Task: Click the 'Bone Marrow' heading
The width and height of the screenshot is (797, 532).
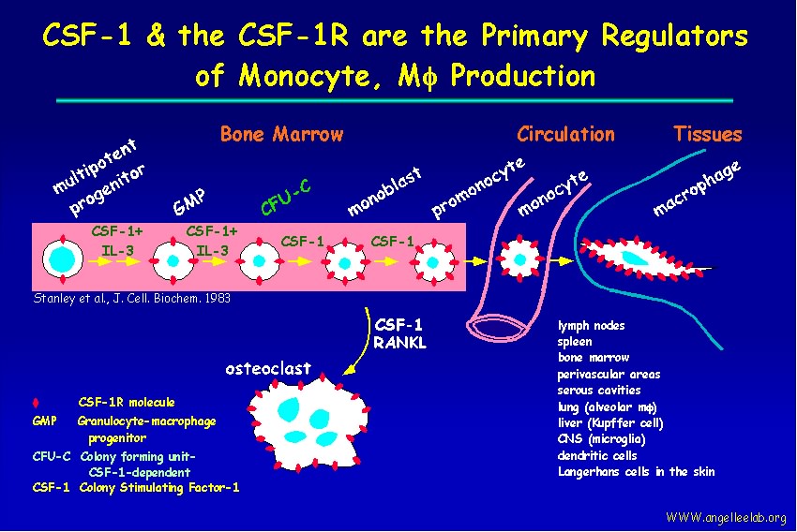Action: tap(281, 135)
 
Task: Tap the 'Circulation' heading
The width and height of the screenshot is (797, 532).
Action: tap(565, 135)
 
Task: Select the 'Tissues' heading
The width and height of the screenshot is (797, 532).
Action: tap(707, 135)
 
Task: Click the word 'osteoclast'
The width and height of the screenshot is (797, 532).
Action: tap(268, 368)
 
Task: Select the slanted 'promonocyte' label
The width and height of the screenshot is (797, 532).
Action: tap(477, 185)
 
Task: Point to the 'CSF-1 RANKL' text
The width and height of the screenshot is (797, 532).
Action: tap(399, 334)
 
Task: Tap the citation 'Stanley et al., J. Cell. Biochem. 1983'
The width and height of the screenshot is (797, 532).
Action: tap(131, 299)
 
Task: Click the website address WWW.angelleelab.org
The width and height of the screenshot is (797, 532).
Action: tap(726, 518)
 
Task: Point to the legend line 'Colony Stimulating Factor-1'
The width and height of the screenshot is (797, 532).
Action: tap(159, 487)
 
